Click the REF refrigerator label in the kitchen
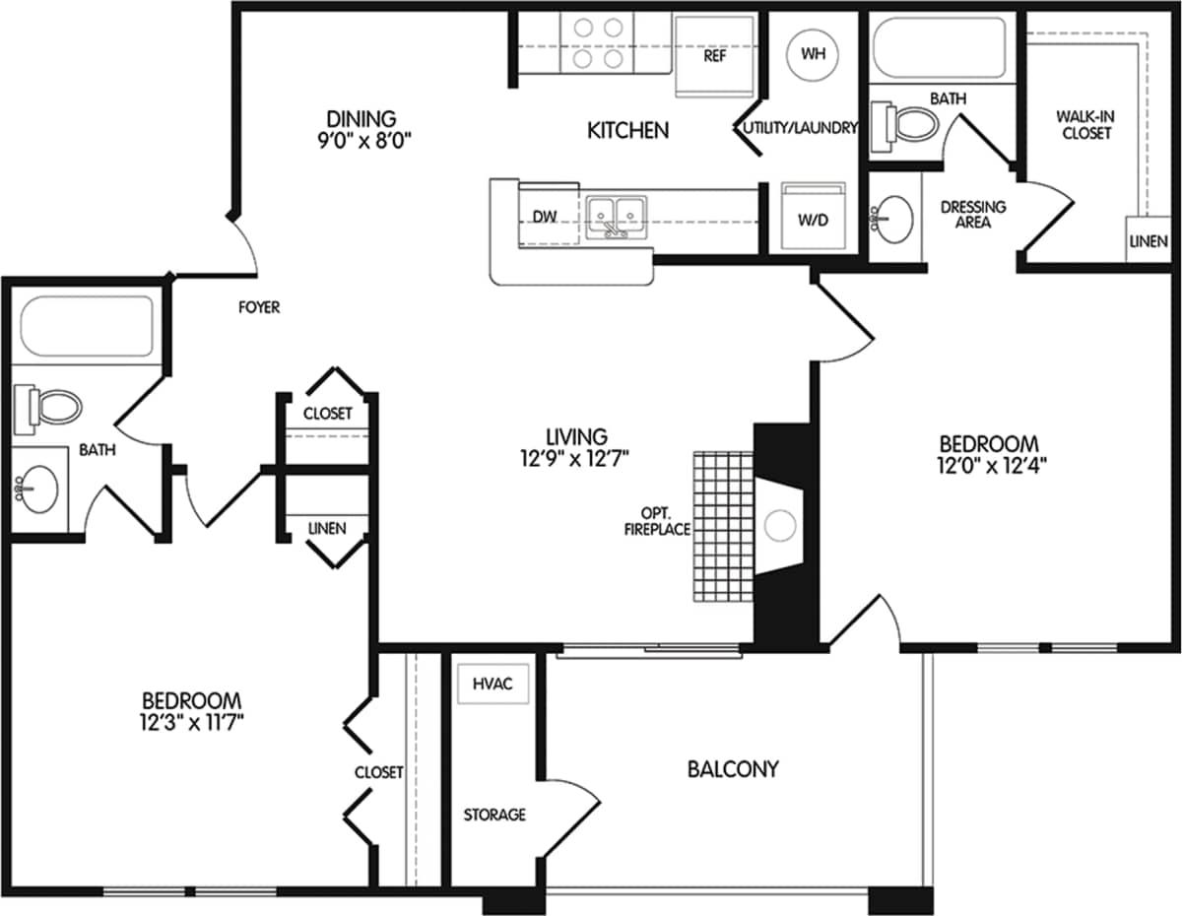(715, 56)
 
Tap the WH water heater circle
(814, 53)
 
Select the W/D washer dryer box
(814, 217)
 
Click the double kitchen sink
(616, 214)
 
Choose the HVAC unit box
(492, 684)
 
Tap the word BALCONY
(733, 768)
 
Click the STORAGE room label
(494, 815)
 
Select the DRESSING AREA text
(973, 214)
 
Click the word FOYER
(259, 307)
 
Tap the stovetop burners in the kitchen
(597, 43)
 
